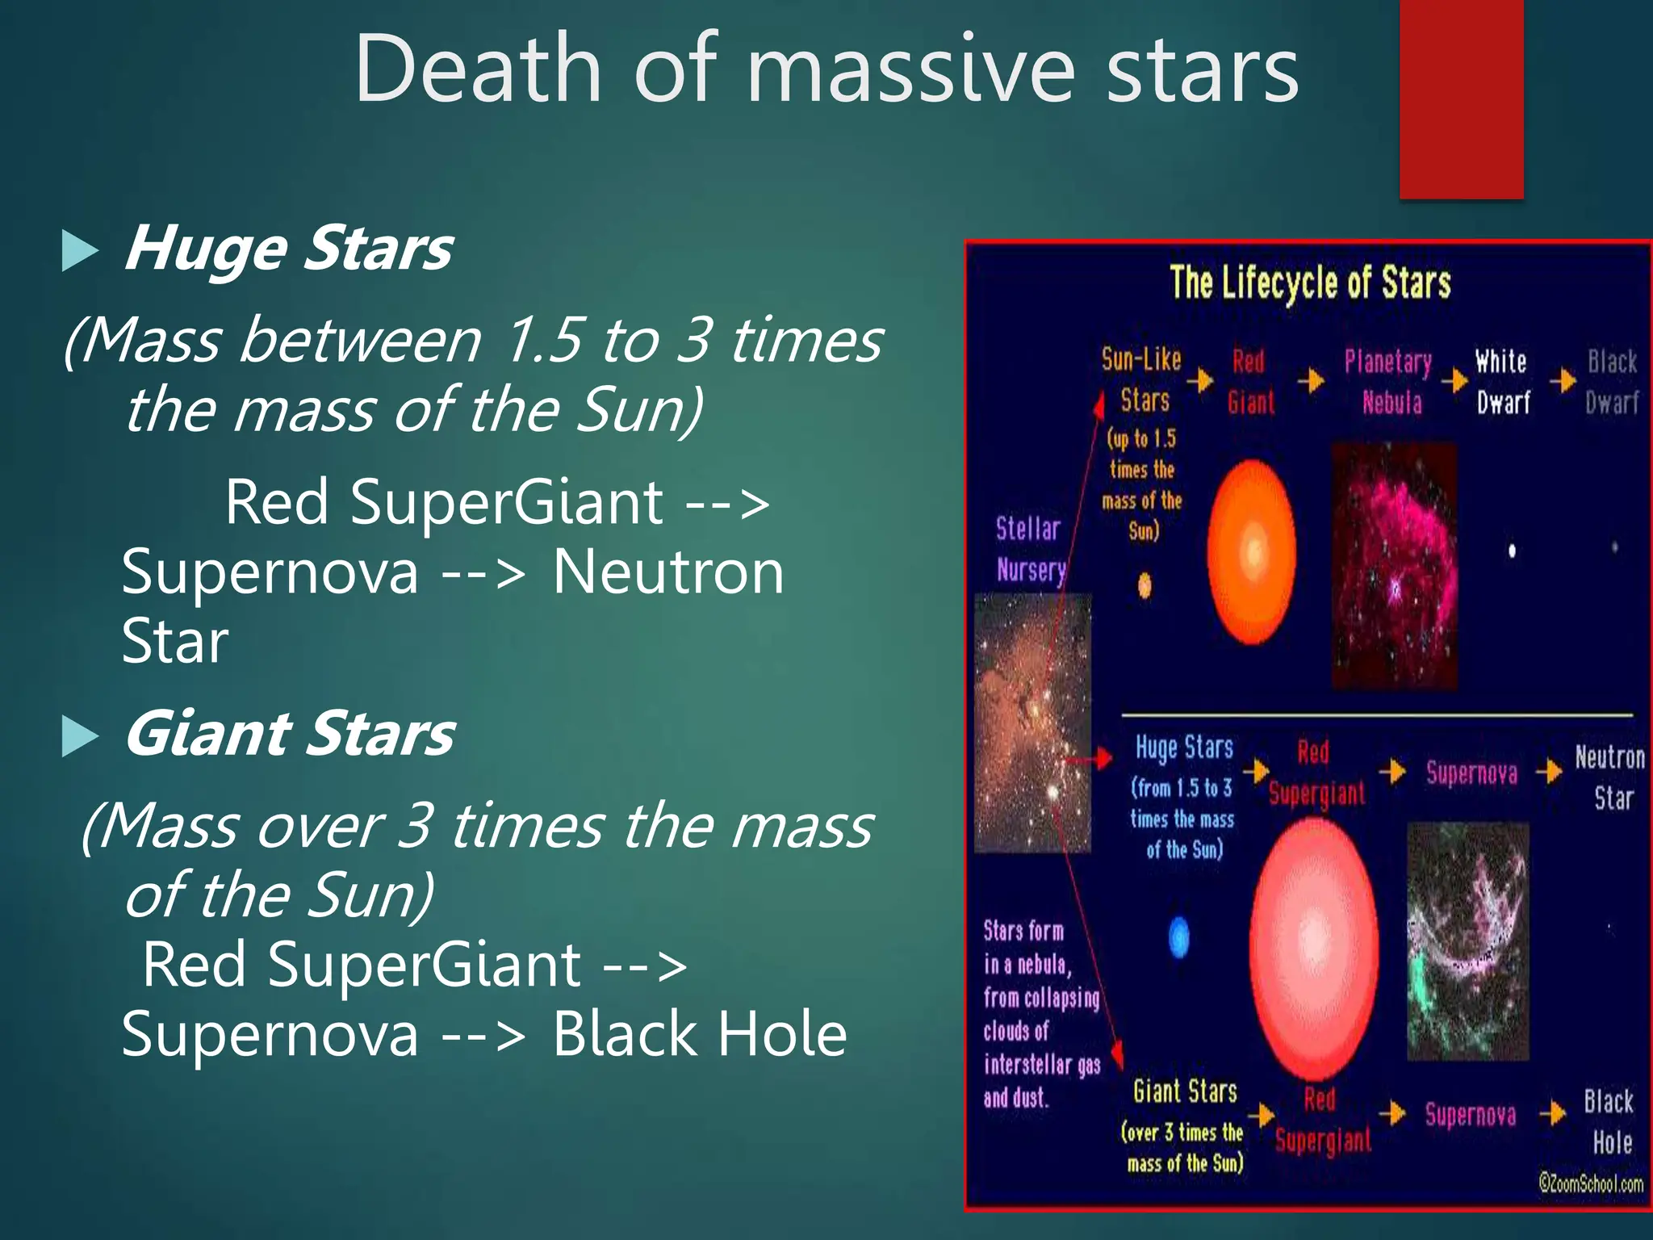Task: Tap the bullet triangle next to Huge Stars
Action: pos(80,251)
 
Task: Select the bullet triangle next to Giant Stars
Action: pos(80,737)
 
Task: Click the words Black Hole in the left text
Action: pos(699,1034)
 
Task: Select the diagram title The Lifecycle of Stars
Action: pos(1310,283)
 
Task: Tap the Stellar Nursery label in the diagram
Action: pos(1030,549)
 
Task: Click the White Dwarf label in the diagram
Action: pos(1502,381)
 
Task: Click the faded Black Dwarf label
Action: pos(1612,381)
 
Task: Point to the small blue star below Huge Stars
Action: pos(1179,937)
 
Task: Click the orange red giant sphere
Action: pos(1252,553)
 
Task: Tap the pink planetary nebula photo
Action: pos(1394,565)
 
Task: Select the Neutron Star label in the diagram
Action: pos(1610,777)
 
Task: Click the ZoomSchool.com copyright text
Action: pos(1590,1183)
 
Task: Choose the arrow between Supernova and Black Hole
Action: pos(1551,1115)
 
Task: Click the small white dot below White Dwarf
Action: pos(1512,551)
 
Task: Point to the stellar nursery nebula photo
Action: pos(1032,723)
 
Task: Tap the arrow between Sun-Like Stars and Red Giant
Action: pos(1203,379)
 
